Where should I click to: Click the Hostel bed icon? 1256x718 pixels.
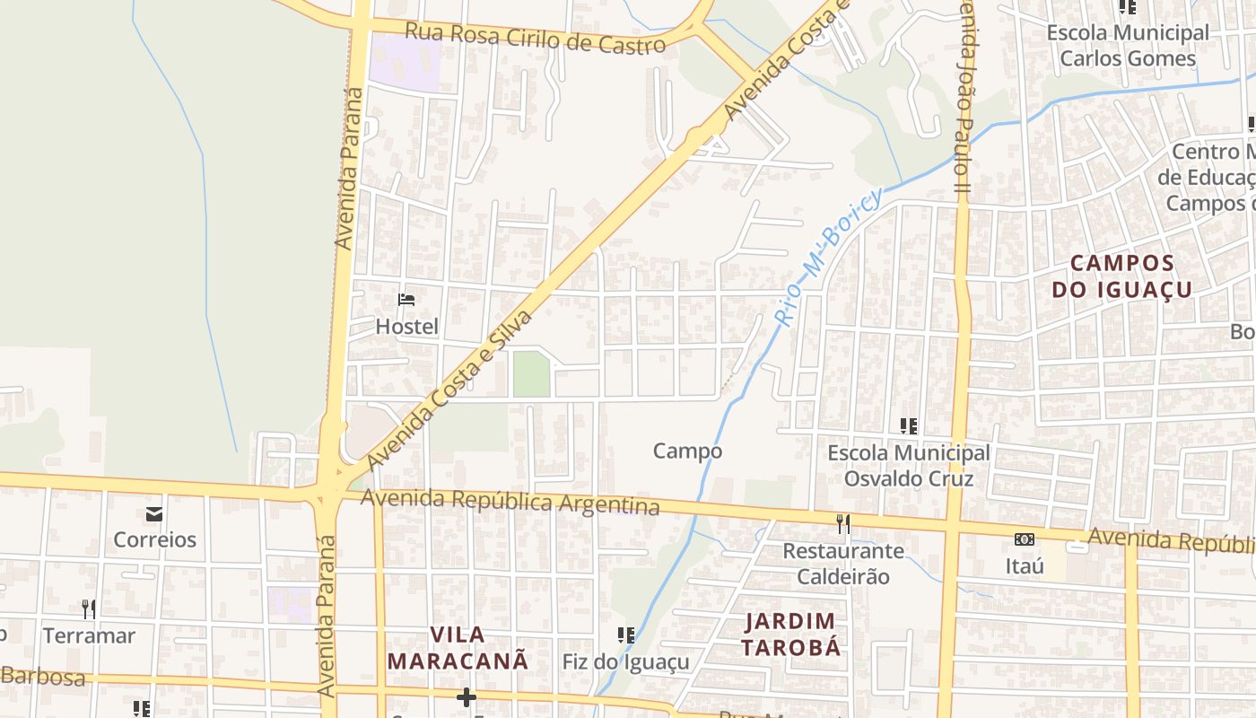[406, 300]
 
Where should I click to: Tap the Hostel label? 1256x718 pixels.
[406, 327]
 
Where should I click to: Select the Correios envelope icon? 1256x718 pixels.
[154, 514]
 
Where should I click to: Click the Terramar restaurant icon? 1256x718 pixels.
[89, 609]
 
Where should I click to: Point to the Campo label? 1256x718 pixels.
[687, 451]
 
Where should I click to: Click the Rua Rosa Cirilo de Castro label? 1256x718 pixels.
[535, 38]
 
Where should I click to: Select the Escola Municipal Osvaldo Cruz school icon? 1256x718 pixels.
[909, 426]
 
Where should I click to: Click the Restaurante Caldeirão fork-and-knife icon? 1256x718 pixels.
[842, 524]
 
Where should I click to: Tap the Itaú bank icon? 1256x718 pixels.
[1024, 539]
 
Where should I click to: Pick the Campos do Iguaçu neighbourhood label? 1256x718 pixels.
[1121, 276]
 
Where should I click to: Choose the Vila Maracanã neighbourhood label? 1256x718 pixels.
[458, 648]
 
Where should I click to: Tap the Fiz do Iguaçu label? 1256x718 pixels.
[625, 662]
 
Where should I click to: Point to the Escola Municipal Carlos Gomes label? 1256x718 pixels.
[1128, 46]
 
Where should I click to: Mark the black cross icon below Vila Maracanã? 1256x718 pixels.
[466, 696]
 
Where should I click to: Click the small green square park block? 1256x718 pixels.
[531, 374]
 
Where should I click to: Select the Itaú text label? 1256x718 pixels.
[1025, 566]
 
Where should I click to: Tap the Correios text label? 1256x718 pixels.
[154, 539]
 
